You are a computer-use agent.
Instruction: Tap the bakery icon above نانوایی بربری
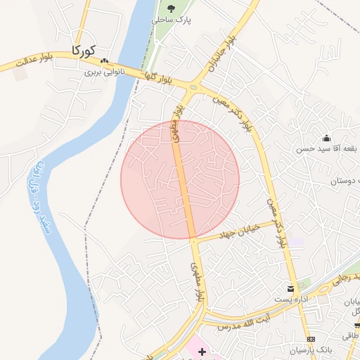click(x=105, y=60)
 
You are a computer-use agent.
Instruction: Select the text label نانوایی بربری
click(x=105, y=71)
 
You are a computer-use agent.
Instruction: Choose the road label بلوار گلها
click(x=164, y=79)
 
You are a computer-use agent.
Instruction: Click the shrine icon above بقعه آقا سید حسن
click(x=326, y=138)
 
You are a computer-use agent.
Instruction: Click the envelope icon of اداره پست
click(x=290, y=288)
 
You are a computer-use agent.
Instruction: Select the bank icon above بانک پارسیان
click(x=311, y=339)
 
